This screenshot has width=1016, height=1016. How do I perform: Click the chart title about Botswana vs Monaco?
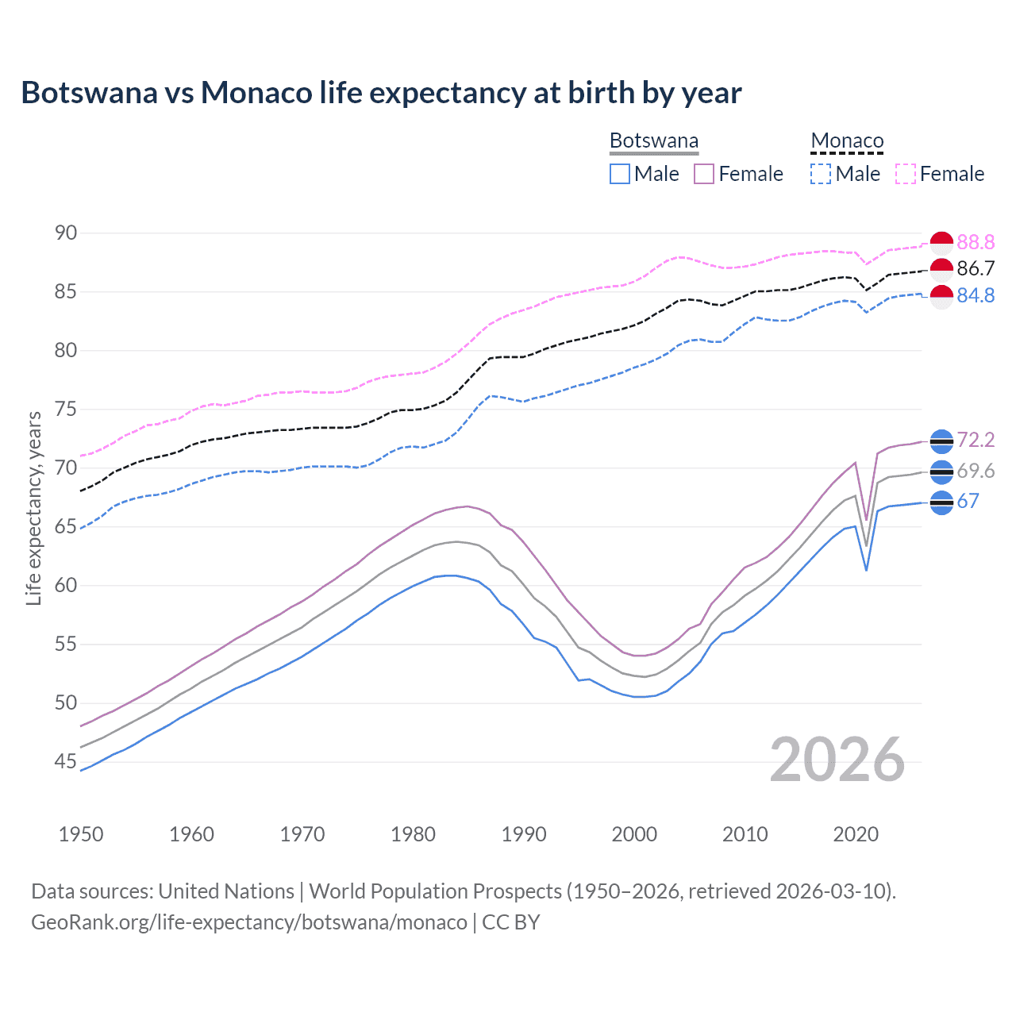(x=381, y=93)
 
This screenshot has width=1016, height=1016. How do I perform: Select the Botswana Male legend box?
(x=620, y=174)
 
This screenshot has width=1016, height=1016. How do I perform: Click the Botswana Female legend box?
(x=704, y=174)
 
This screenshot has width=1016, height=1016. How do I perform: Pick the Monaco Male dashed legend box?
(x=821, y=174)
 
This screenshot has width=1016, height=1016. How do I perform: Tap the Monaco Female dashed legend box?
(x=906, y=174)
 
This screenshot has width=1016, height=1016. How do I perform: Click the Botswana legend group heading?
(x=654, y=141)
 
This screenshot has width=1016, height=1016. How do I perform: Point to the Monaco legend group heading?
(x=847, y=141)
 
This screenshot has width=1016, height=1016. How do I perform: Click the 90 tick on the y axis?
(x=66, y=233)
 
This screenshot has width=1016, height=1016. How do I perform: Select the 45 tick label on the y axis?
(x=66, y=762)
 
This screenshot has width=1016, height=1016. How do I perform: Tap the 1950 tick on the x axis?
(x=81, y=834)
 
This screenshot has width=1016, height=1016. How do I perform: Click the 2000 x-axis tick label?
(x=634, y=834)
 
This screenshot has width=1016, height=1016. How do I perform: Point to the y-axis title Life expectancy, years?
(x=34, y=508)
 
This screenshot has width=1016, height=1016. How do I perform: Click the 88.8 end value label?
(x=976, y=242)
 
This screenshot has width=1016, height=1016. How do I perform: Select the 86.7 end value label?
(x=976, y=268)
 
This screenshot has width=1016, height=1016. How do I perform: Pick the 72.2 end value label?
(x=976, y=440)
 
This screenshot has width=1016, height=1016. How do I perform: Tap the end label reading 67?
(x=968, y=501)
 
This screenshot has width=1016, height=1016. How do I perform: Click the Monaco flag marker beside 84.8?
(x=941, y=296)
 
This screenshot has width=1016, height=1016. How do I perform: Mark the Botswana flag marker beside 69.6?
(x=941, y=471)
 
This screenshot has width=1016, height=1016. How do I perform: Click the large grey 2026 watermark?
(x=837, y=760)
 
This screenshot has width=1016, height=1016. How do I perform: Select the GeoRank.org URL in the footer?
(x=249, y=922)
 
